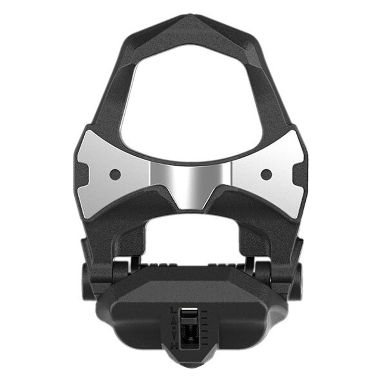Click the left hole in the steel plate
(x=114, y=174)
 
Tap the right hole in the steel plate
(x=267, y=174)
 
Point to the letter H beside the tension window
(x=174, y=346)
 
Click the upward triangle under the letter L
(x=174, y=321)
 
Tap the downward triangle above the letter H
(x=174, y=335)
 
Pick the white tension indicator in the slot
(x=190, y=309)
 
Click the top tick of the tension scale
(x=204, y=311)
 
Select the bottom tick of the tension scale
(x=205, y=344)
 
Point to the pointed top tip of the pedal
(x=190, y=17)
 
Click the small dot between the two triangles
(x=174, y=328)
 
